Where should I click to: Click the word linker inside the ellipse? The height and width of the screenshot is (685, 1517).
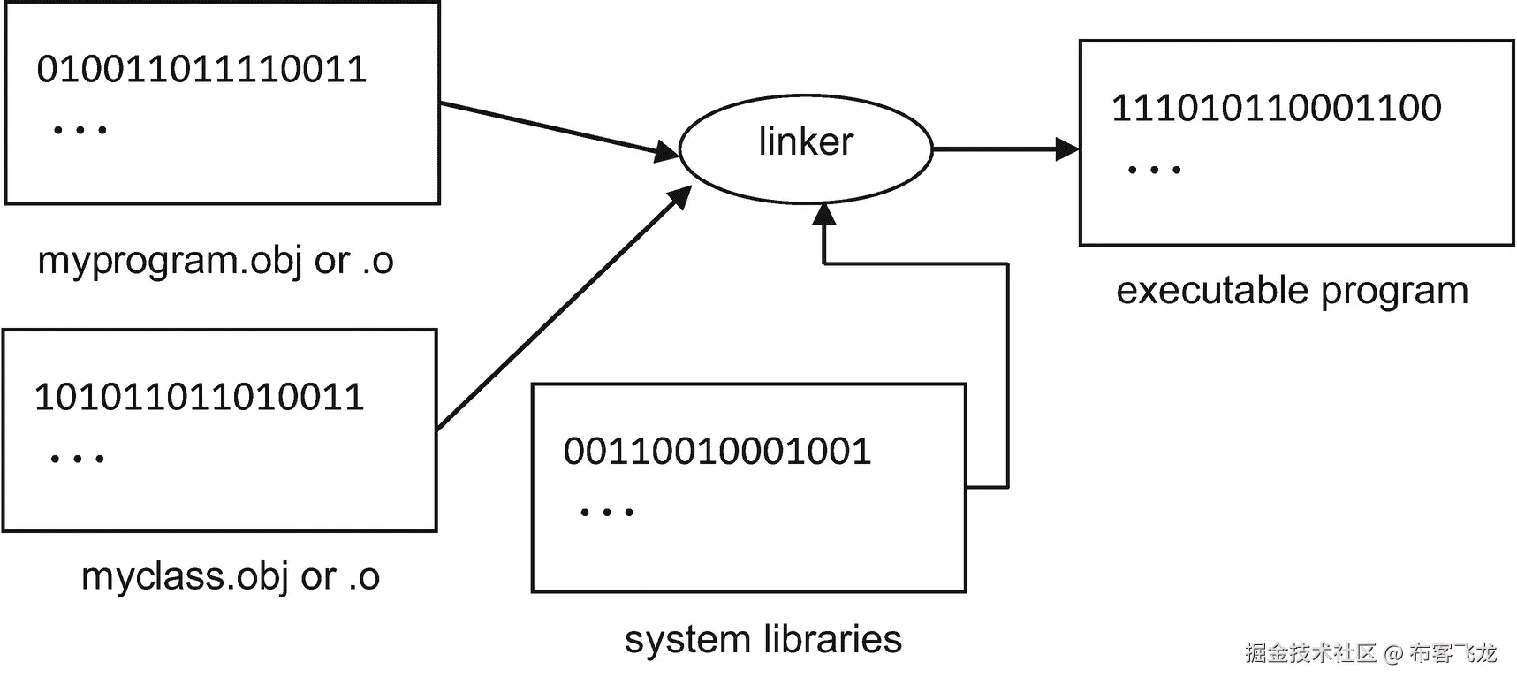tap(806, 142)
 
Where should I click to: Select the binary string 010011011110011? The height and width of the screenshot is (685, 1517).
tap(201, 70)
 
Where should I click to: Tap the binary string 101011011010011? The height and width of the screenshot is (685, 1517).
tap(199, 398)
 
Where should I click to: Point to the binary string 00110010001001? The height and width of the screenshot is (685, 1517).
tap(717, 452)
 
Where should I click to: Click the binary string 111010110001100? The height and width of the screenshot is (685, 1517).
tap(1276, 109)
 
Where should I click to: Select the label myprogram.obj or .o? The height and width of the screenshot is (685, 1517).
tap(215, 261)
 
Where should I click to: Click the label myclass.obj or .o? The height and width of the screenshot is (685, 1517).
tap(230, 577)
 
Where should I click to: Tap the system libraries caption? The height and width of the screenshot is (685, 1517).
tap(762, 639)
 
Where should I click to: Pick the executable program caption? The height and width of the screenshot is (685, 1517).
tap(1292, 291)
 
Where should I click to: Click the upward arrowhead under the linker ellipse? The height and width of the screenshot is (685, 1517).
tap(824, 216)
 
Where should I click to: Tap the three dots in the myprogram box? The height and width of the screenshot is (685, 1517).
tap(80, 130)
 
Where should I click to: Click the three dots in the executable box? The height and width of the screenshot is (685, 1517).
tap(1154, 170)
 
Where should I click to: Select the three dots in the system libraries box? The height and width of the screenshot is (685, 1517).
tap(607, 512)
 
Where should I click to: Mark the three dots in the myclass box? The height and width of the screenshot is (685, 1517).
tap(78, 459)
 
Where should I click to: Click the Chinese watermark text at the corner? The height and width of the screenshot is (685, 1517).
tap(1370, 654)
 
